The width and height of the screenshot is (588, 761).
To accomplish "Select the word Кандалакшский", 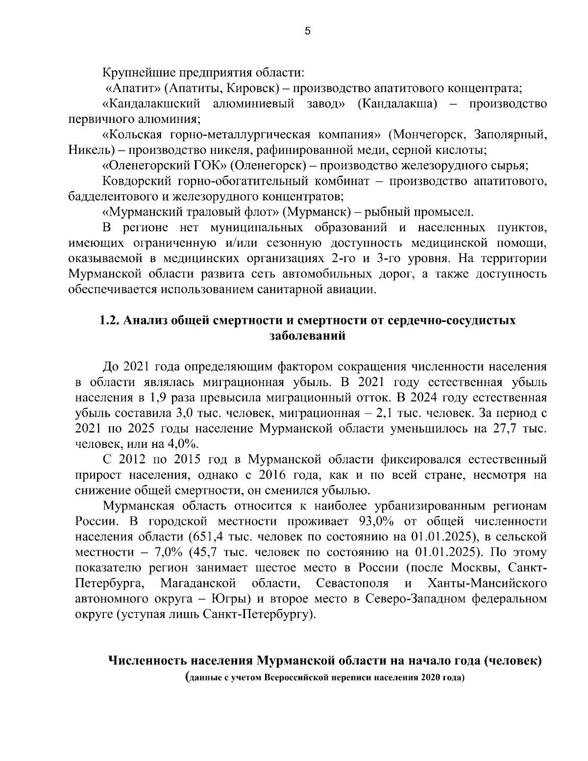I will coord(152,104).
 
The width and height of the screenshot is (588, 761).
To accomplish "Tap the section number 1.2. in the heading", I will coord(110,320).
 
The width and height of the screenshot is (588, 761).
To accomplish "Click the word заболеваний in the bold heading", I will coord(308,336).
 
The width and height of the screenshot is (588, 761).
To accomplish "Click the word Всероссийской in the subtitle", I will coord(296,679).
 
